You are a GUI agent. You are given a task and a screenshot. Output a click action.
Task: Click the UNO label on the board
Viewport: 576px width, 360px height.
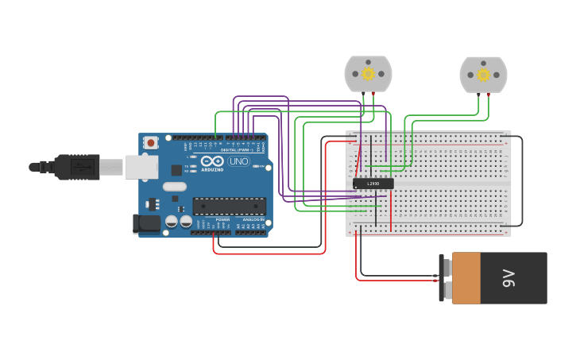click(238, 161)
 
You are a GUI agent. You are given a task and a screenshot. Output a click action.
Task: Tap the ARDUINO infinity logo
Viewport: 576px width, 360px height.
click(212, 161)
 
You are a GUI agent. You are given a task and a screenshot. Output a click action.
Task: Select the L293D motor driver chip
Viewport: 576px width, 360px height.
click(373, 184)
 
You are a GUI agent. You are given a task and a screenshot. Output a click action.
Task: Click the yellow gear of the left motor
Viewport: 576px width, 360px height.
click(368, 74)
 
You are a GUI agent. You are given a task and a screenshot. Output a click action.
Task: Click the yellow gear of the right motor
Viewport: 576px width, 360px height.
click(483, 75)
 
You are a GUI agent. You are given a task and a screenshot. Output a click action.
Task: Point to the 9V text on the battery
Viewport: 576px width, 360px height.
click(508, 278)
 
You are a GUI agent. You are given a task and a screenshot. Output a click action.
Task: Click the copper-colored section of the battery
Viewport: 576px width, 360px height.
click(466, 278)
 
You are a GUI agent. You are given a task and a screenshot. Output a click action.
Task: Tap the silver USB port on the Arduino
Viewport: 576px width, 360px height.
click(141, 167)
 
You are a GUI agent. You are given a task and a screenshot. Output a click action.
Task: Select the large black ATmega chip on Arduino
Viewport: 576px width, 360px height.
click(229, 207)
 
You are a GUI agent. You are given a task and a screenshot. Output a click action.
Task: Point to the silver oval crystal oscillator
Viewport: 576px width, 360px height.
click(175, 188)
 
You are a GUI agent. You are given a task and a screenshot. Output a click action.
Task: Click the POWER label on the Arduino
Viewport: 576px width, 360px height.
click(222, 219)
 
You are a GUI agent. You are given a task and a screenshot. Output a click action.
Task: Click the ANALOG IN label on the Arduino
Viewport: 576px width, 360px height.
click(253, 219)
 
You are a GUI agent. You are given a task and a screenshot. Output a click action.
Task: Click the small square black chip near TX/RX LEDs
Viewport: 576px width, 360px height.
click(176, 170)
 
